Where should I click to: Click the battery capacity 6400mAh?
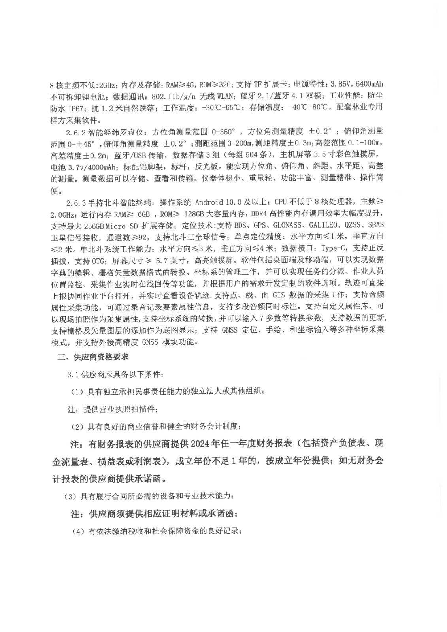[x=370, y=84]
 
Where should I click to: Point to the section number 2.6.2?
[x=76, y=131]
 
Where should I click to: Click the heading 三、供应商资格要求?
[x=93, y=357]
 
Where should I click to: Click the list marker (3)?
[x=71, y=497]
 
